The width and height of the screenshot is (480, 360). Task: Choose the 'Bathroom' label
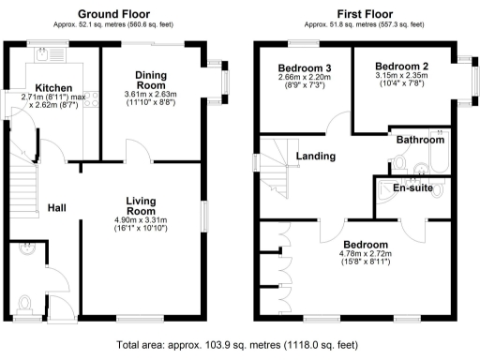419,140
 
